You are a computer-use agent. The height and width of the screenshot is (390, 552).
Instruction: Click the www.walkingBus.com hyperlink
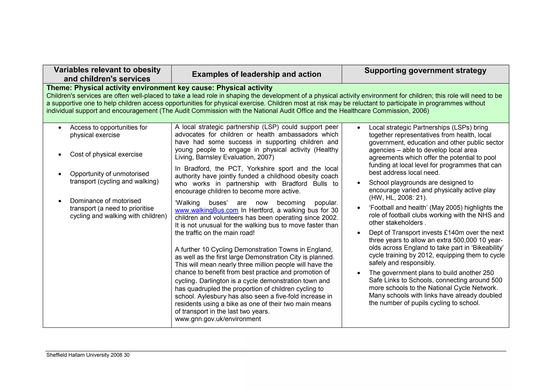point(206,210)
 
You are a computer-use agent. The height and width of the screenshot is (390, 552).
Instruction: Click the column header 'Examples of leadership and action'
point(256,74)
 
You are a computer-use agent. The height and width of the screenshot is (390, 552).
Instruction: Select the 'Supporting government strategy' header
point(425,70)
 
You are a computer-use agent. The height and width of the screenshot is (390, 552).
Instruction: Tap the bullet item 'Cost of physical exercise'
point(106,154)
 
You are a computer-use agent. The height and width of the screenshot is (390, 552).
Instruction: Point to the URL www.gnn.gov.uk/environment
point(218,319)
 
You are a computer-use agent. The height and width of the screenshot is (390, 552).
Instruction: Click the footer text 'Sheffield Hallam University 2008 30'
point(88,355)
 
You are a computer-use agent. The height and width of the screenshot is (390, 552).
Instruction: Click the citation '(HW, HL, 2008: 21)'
point(398,198)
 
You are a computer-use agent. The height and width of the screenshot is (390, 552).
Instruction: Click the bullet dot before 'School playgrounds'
point(358,183)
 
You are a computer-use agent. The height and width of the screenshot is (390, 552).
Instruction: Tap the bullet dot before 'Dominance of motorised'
point(60,201)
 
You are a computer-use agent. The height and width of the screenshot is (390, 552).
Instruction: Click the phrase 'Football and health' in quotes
point(399,208)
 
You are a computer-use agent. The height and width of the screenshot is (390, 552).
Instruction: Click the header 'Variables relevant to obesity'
point(107,70)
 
